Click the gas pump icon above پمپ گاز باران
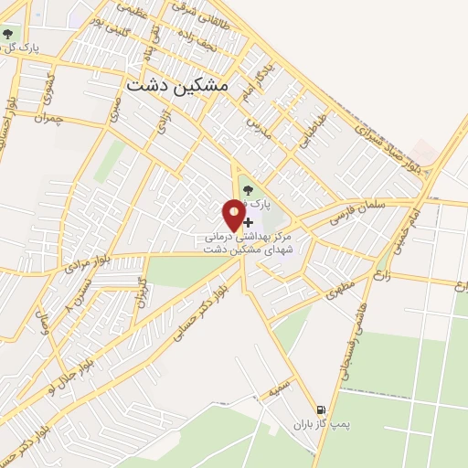point(321,410)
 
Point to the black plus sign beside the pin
point(249,222)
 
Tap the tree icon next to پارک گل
point(8,36)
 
